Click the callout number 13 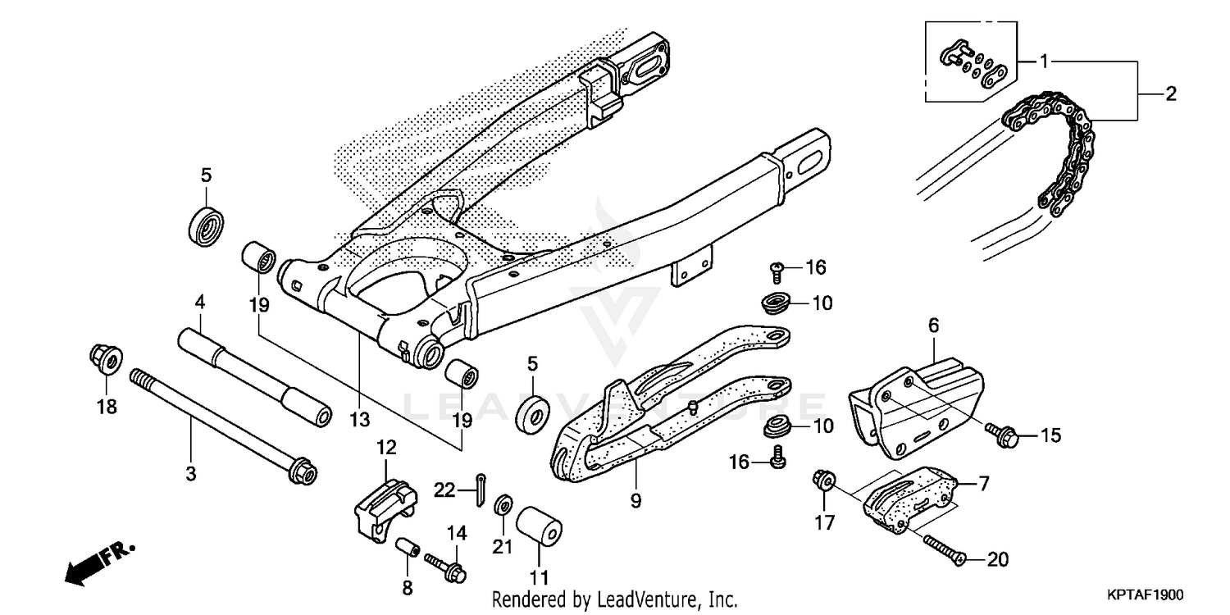point(359,421)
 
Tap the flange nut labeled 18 point(105,359)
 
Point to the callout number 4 point(198,303)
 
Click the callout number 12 point(386,448)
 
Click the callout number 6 point(933,326)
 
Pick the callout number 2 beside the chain point(1170,94)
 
